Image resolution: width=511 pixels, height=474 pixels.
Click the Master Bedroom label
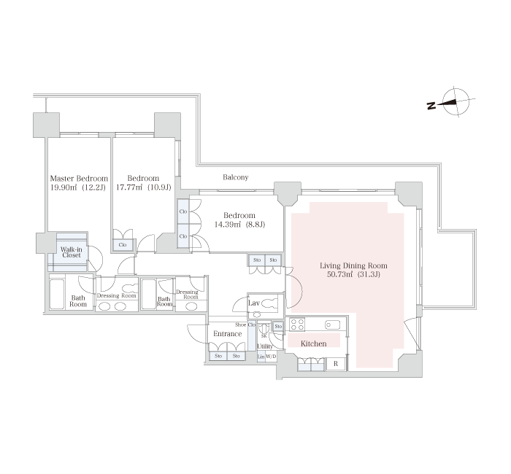(x=79, y=179)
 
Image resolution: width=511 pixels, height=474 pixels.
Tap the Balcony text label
(x=236, y=177)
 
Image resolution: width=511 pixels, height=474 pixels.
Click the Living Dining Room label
(x=353, y=265)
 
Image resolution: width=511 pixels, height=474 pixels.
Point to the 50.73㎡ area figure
(x=340, y=274)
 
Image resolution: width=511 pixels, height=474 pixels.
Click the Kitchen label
(x=313, y=343)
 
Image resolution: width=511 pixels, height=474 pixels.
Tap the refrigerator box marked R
(x=336, y=365)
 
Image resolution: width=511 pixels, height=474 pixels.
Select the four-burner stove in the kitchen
(x=297, y=325)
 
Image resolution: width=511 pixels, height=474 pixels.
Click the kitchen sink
(x=332, y=325)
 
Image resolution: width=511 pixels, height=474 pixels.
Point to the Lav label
(x=254, y=303)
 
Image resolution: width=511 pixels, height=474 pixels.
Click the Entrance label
(x=228, y=334)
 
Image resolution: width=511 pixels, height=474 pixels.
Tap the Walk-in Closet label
(x=72, y=252)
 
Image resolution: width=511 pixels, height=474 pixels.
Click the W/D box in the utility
(x=271, y=357)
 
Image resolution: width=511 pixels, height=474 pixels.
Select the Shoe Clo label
(x=245, y=325)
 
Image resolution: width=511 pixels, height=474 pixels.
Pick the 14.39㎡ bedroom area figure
(x=227, y=225)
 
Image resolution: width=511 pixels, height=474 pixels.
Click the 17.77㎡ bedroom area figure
(x=129, y=187)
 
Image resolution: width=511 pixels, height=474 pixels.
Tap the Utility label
(x=264, y=346)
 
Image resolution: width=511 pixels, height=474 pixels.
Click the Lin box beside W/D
(x=261, y=357)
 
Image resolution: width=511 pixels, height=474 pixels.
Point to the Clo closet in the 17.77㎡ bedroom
(x=123, y=245)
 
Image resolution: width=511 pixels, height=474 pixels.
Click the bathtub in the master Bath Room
(x=57, y=294)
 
